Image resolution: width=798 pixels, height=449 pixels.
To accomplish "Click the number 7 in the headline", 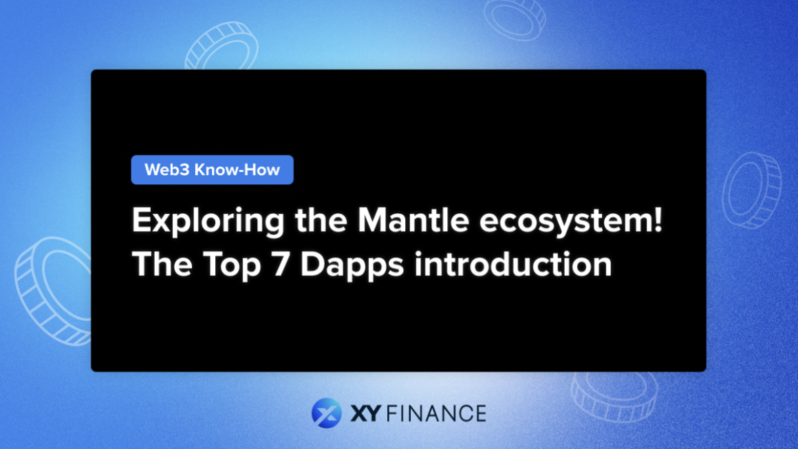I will click(281, 265).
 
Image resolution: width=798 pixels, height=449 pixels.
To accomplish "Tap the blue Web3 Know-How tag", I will click(212, 171).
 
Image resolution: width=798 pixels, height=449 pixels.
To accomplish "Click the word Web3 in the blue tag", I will click(166, 171).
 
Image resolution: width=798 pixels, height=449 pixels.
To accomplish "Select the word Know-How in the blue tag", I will click(237, 171).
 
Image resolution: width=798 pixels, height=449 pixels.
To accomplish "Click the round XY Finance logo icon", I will click(326, 413).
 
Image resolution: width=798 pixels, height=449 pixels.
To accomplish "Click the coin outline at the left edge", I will click(52, 289).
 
